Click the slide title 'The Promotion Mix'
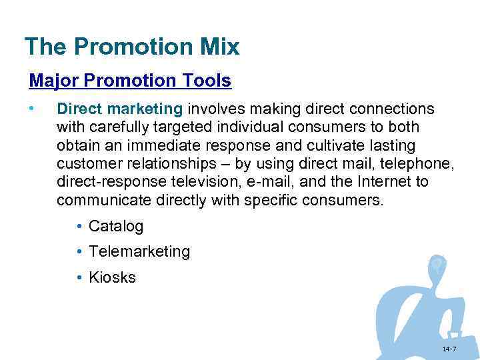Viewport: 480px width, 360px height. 131,47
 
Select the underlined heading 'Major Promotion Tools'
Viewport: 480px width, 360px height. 130,81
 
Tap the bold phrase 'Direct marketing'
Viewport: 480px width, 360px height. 119,109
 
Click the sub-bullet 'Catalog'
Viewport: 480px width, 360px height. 116,226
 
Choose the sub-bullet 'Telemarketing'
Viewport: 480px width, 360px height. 139,251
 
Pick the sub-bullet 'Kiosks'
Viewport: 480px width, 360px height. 112,277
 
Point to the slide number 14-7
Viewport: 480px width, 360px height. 449,349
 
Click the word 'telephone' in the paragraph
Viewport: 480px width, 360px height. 400,163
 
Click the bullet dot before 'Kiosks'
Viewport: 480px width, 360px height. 79,277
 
